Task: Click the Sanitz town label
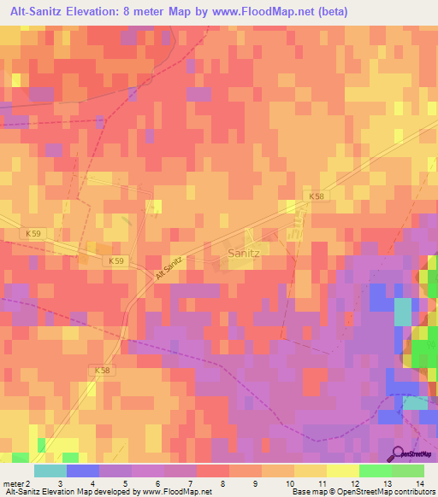click(246, 253)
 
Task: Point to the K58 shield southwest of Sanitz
click(100, 370)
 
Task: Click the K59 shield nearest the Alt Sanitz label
click(117, 260)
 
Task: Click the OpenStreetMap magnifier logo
click(399, 453)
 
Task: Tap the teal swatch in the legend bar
click(50, 471)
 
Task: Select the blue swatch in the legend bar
click(83, 471)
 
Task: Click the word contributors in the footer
click(414, 493)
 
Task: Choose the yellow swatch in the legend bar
click(311, 471)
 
